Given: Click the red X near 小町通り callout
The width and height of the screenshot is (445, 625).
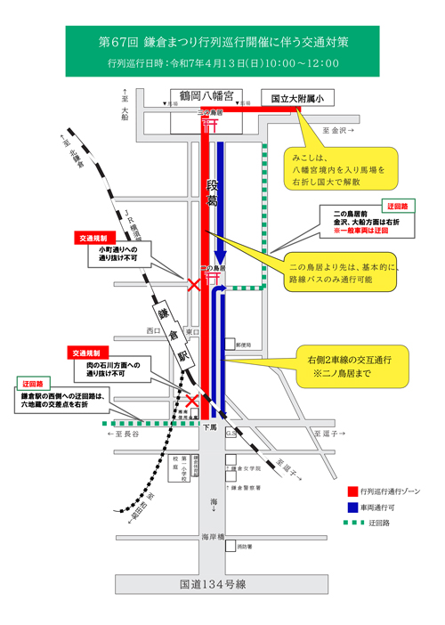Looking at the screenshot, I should tap(193, 286).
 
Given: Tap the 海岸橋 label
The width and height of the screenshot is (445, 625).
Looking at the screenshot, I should tap(212, 537).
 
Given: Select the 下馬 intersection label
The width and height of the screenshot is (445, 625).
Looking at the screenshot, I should tap(209, 427).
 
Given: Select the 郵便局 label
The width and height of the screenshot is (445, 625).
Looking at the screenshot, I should tap(242, 343).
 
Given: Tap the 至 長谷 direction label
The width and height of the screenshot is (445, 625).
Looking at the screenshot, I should tap(122, 434).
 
